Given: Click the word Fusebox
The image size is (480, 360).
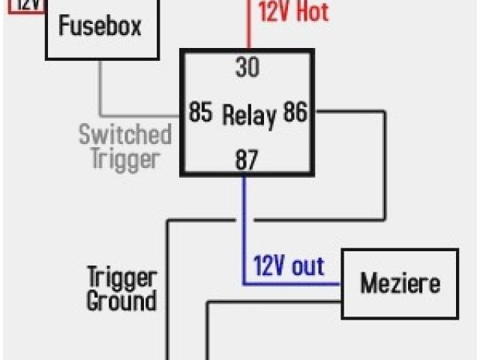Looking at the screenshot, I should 100,27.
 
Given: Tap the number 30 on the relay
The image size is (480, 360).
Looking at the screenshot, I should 247,67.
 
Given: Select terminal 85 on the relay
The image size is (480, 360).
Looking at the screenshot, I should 200,113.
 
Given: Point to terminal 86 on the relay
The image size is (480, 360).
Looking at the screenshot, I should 295,113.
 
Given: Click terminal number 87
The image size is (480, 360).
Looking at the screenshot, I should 247,159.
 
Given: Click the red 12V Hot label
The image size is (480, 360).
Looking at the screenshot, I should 293,12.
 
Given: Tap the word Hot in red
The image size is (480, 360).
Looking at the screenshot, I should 312,12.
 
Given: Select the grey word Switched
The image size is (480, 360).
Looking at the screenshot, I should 125,136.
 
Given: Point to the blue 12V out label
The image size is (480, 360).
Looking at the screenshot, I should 289,266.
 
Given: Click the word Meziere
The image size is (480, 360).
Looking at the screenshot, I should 400,283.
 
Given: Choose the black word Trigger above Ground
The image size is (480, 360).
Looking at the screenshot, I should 121,277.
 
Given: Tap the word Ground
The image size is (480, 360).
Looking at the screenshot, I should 121,301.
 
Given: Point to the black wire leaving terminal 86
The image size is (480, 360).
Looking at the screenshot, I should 384,165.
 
